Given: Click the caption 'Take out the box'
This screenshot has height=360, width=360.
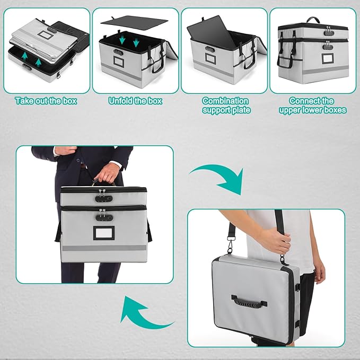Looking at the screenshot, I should pos(46,100).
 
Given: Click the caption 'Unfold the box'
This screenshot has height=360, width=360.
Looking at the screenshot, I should pos(135,100).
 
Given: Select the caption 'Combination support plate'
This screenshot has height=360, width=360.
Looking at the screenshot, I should pos(225,105).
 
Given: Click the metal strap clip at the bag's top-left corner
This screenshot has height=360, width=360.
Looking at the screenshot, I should pos(231,246).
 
